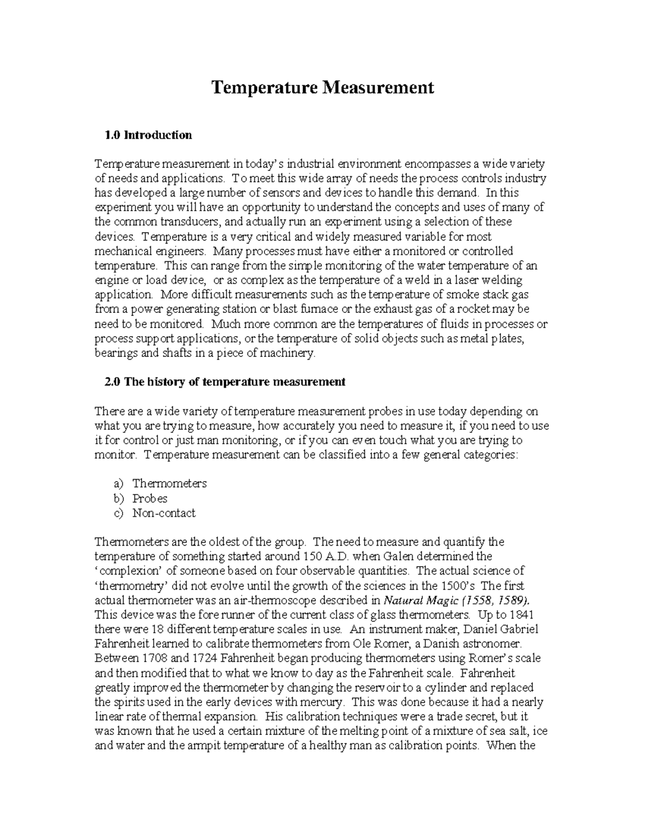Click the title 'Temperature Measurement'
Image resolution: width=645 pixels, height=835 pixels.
[x=322, y=87]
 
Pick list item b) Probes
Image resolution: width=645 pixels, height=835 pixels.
[x=150, y=498]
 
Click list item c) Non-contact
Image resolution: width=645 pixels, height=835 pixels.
[x=164, y=513]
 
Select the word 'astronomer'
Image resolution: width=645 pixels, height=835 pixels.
[x=492, y=644]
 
